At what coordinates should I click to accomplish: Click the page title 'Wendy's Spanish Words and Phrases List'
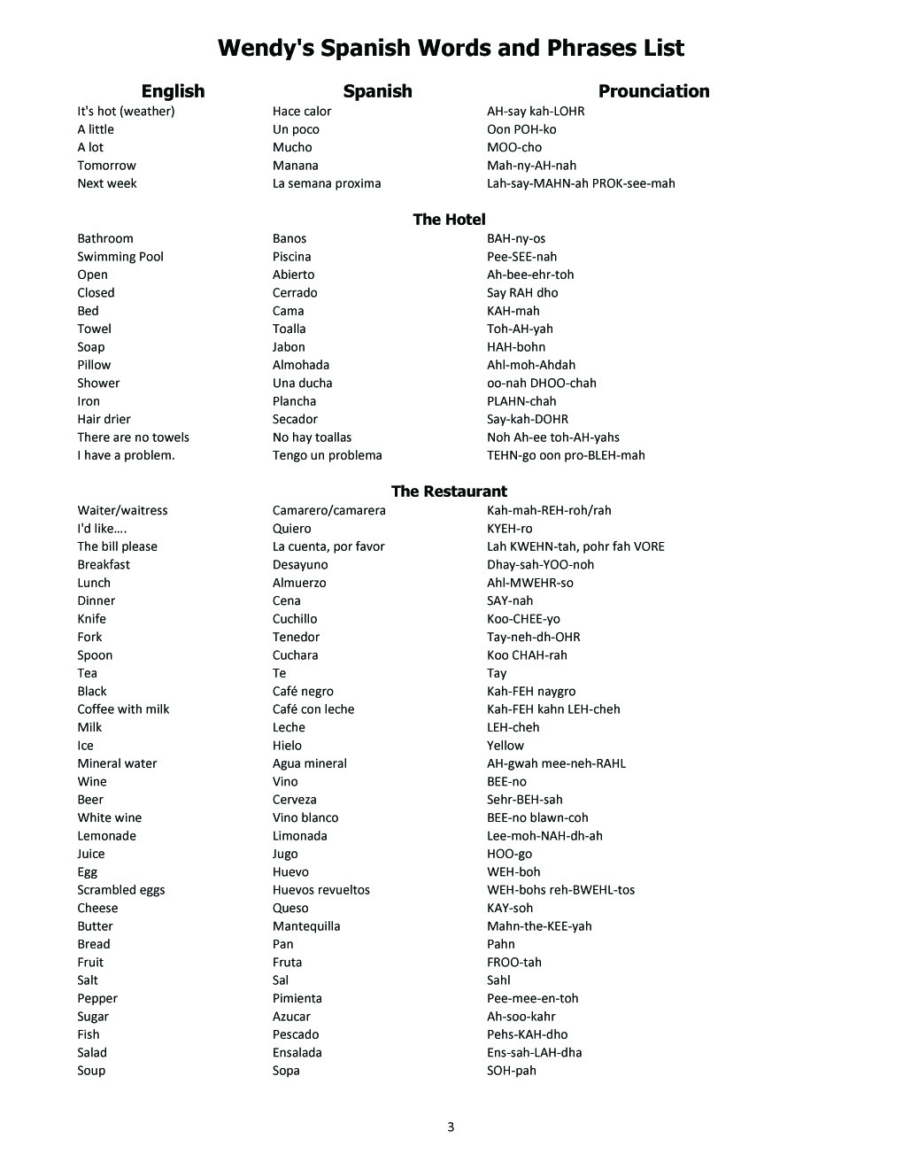[x=451, y=48]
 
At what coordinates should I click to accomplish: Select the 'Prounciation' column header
[x=653, y=91]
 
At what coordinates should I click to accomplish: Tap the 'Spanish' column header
[x=377, y=91]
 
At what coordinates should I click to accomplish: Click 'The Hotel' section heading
[x=449, y=220]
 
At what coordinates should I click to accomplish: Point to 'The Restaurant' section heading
[x=449, y=492]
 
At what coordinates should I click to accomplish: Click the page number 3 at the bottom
[x=451, y=1127]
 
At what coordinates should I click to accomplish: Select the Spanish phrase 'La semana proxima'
[x=327, y=183]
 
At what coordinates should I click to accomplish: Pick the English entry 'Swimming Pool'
[x=120, y=257]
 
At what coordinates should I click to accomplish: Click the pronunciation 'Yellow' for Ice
[x=506, y=746]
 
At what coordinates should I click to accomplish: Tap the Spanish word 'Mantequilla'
[x=306, y=926]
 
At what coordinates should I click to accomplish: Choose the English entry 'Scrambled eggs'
[x=121, y=890]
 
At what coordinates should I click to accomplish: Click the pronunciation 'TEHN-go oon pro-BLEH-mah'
[x=566, y=455]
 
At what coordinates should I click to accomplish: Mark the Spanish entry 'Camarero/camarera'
[x=329, y=510]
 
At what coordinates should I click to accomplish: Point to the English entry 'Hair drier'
[x=104, y=419]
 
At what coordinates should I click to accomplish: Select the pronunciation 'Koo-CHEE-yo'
[x=523, y=619]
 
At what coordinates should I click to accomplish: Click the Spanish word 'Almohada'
[x=301, y=365]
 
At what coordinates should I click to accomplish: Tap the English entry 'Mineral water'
[x=117, y=763]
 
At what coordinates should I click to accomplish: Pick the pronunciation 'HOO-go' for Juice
[x=509, y=854]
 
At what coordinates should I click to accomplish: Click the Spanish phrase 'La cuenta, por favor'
[x=328, y=546]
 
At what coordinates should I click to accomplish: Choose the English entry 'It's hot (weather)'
[x=126, y=112]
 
